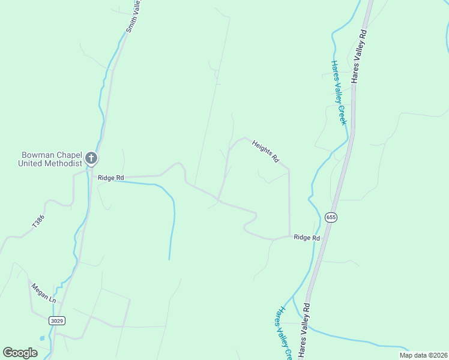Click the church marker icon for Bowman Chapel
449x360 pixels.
click(x=91, y=159)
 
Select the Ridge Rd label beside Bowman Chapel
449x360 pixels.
click(x=110, y=178)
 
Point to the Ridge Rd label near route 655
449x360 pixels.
click(x=307, y=238)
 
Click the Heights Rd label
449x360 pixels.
click(x=266, y=152)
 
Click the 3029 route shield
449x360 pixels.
click(x=56, y=321)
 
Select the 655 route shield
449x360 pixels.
click(x=331, y=217)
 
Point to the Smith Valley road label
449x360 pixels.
click(x=133, y=16)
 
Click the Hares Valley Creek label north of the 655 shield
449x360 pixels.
click(x=339, y=92)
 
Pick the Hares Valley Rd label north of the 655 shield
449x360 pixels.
click(x=360, y=56)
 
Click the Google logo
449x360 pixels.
click(x=20, y=353)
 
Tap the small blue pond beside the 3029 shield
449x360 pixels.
click(x=41, y=338)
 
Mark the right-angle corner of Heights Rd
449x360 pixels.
click(x=289, y=170)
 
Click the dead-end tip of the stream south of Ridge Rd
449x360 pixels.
click(x=169, y=259)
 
